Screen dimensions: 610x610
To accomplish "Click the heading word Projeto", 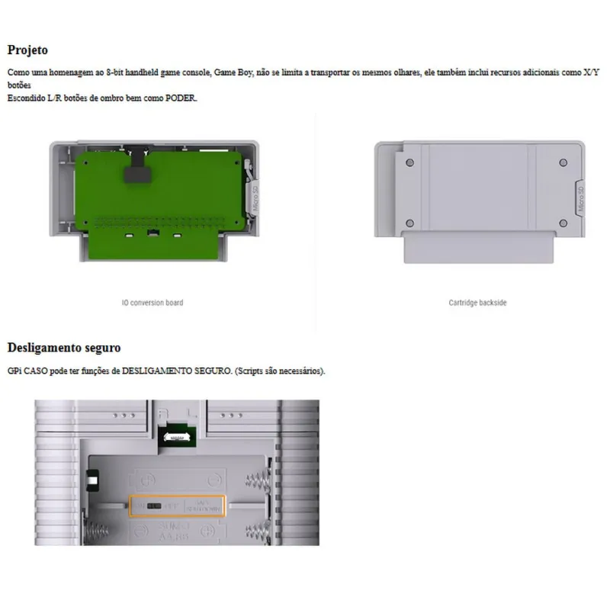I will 27,50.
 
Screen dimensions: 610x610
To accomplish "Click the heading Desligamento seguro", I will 64,348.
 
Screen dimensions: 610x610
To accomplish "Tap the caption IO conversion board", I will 152,303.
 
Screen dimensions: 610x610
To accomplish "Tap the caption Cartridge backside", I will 477,303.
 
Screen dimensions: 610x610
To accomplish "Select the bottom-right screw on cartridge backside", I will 563,223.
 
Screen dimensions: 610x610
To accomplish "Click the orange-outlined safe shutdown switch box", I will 177,505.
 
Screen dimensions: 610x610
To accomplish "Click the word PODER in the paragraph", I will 179,98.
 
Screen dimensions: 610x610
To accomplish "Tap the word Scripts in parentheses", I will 256,371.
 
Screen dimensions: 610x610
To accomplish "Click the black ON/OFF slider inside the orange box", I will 154,506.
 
